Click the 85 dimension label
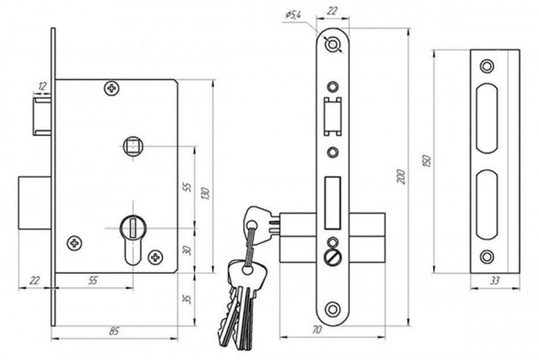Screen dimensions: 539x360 pos(114,332)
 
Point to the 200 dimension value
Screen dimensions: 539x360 pos(401,177)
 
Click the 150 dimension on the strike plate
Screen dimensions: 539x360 pos(426,162)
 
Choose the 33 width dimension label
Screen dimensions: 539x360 pos(494,281)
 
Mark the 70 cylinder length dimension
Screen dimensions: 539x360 pos(317,330)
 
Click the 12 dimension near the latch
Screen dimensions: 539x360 pos(42,86)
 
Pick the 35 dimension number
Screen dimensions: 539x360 pos(187,299)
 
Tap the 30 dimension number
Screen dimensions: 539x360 pos(187,251)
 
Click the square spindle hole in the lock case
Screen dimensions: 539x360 pos(133,147)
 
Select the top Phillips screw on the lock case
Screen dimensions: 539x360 pos(112,89)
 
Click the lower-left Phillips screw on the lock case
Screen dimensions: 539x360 pos(75,243)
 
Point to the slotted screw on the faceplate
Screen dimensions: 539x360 pos(333,257)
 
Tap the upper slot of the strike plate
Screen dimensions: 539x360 pos(487,118)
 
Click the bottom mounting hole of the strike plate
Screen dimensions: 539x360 pos(487,257)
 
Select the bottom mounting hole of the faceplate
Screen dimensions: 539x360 pos(333,309)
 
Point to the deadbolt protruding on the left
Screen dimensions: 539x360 pos(35,203)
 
